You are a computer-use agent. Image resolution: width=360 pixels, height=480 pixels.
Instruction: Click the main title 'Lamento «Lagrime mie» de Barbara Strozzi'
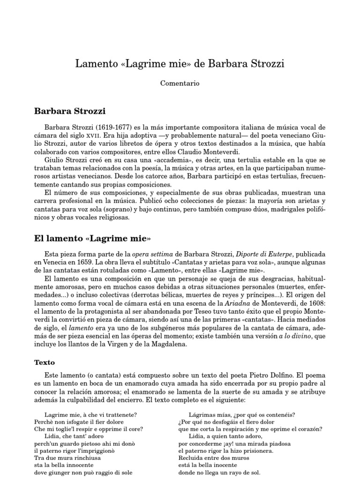(180, 63)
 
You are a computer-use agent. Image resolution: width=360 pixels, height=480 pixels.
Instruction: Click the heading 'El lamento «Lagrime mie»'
(92, 238)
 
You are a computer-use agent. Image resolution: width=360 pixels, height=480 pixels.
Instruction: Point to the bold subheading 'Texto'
(45, 362)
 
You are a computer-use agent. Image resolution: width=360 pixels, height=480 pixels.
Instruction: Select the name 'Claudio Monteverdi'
(212, 152)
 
